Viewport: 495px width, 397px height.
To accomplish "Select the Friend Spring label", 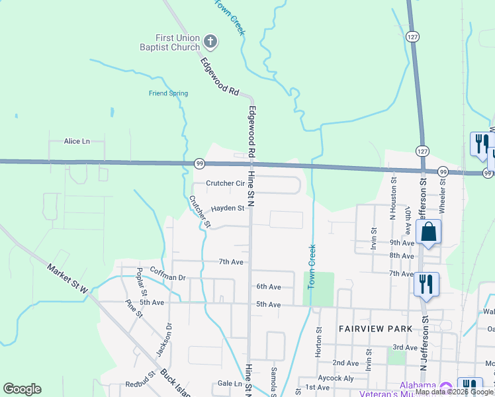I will [x=168, y=93].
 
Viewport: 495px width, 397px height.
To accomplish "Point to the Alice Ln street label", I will [x=76, y=142].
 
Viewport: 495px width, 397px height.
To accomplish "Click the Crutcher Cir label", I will [x=225, y=183].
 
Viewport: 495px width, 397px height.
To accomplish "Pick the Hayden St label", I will [x=228, y=208].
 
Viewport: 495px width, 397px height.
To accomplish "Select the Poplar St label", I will [x=141, y=283].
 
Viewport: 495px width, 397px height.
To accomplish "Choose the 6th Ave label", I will [x=269, y=287].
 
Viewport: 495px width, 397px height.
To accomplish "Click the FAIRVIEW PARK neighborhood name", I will [x=375, y=329].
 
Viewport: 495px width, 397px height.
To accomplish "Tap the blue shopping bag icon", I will [x=429, y=232].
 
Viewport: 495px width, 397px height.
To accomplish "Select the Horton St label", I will [x=319, y=342].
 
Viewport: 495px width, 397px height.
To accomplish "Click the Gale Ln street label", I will [x=230, y=384].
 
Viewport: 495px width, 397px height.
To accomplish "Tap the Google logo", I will [x=22, y=389].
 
